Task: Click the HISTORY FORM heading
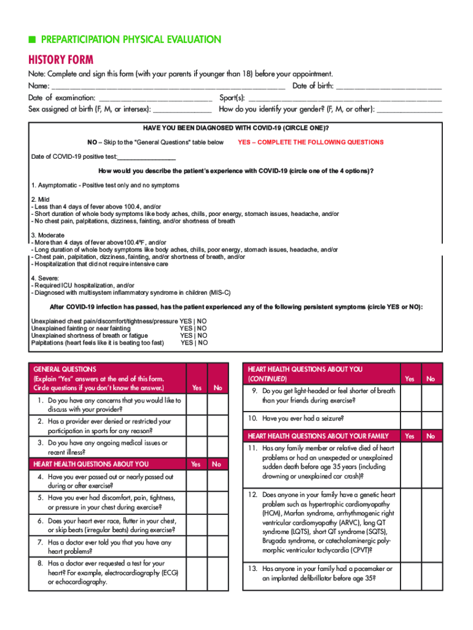click(61, 60)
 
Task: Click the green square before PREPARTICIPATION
click(32, 40)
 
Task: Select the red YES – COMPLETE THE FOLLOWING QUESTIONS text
click(310, 142)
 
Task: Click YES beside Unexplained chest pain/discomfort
click(186, 321)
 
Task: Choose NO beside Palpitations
click(202, 343)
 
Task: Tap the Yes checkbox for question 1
click(197, 405)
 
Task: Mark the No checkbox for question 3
click(217, 447)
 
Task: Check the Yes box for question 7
click(197, 547)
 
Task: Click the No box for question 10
click(431, 418)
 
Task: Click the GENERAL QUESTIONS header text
click(61, 369)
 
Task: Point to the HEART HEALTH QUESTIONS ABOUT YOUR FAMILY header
click(318, 436)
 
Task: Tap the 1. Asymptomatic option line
click(105, 185)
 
